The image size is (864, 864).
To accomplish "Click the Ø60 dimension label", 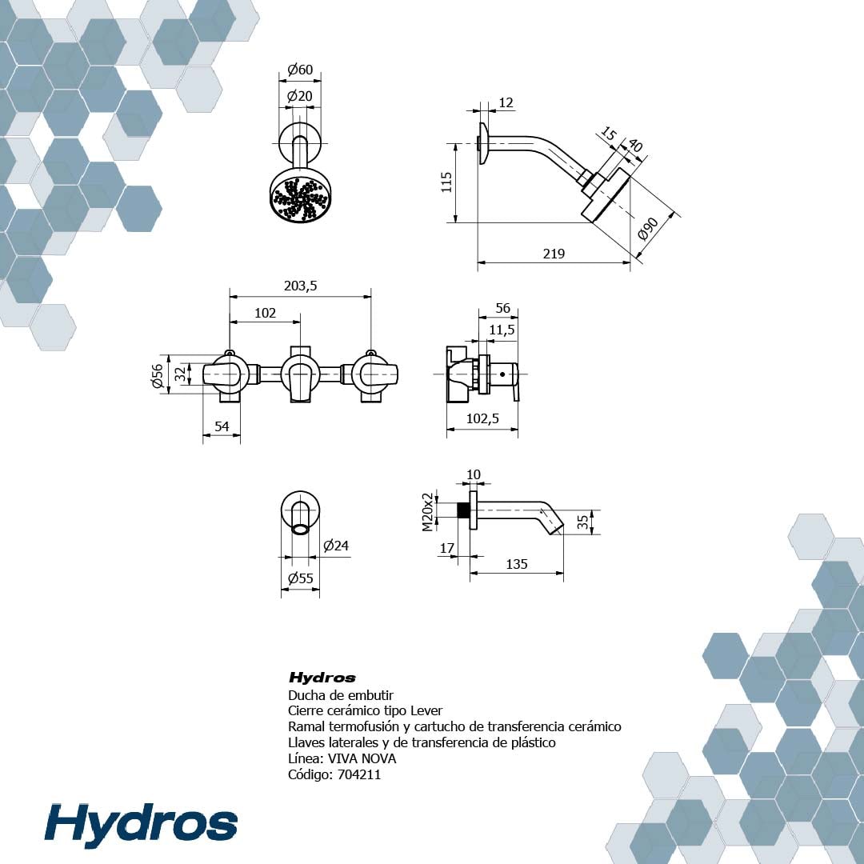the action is pyautogui.click(x=300, y=70).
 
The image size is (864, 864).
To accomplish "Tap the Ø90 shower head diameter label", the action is pyautogui.click(x=648, y=229).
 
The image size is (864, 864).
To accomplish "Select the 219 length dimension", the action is pyautogui.click(x=554, y=254).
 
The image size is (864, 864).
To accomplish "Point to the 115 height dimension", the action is pyautogui.click(x=446, y=182).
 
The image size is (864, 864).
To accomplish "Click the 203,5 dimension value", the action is pyautogui.click(x=300, y=286).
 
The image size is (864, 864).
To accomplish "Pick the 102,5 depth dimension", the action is pyautogui.click(x=482, y=418).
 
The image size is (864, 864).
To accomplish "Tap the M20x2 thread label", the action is pyautogui.click(x=428, y=512).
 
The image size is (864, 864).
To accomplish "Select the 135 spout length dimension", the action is pyautogui.click(x=516, y=564).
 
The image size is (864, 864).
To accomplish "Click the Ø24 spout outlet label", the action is pyautogui.click(x=335, y=546).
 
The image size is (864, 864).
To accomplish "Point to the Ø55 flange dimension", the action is pyautogui.click(x=300, y=578).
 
